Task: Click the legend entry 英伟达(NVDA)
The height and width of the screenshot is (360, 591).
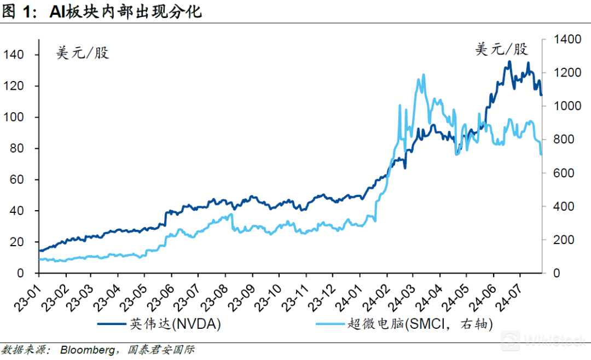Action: point(176,324)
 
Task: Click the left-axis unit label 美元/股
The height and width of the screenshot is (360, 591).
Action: point(83,53)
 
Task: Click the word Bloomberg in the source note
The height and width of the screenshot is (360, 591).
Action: point(87,350)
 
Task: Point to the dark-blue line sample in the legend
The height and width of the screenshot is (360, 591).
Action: point(112,324)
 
